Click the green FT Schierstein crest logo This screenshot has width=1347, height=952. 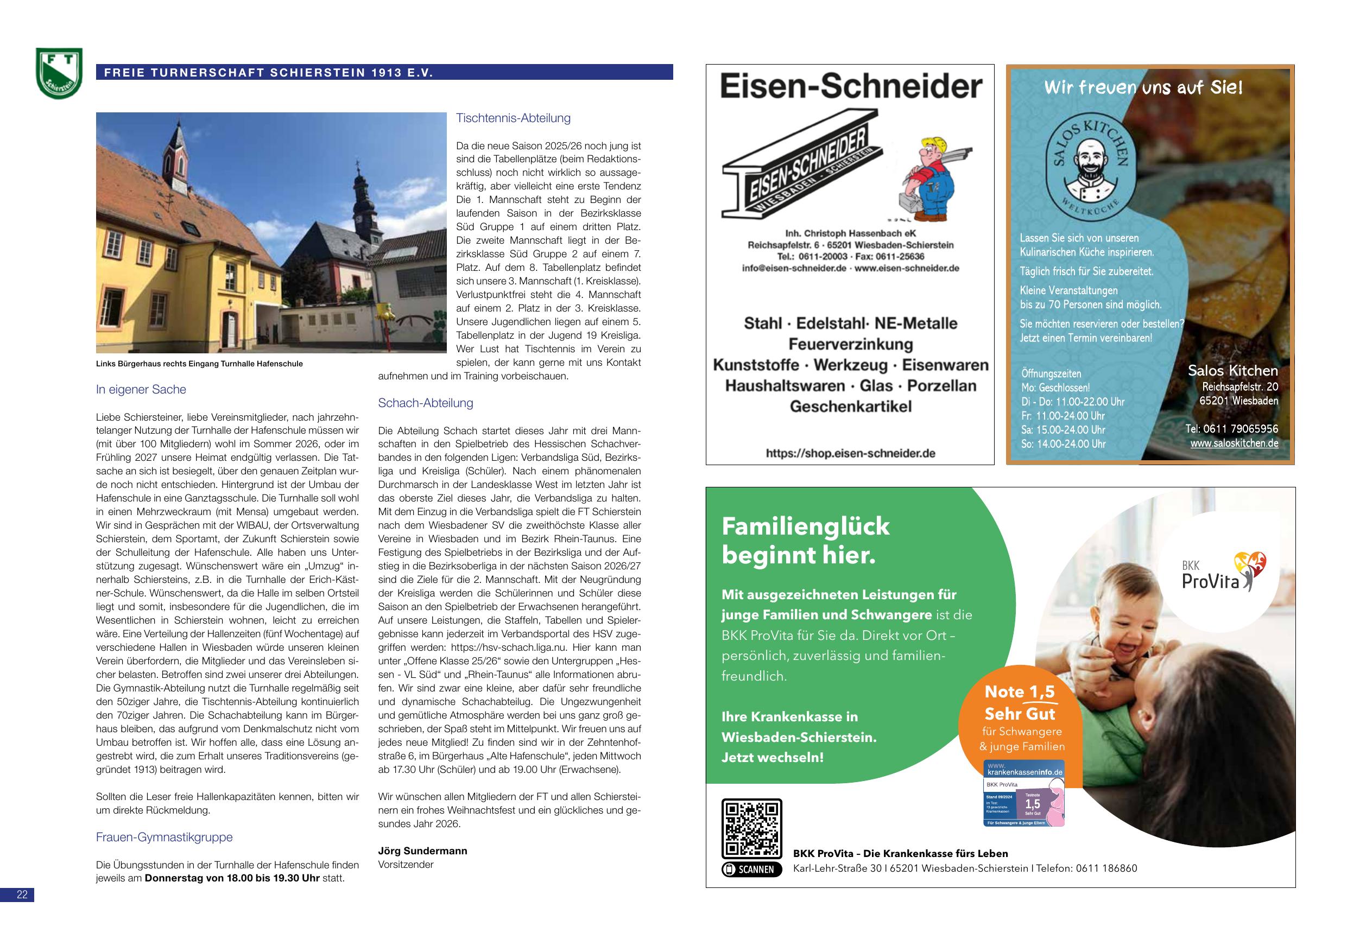pyautogui.click(x=59, y=73)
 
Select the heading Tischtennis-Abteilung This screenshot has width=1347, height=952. pyautogui.click(x=514, y=118)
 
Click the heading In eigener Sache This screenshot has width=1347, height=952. pyautogui.click(x=141, y=390)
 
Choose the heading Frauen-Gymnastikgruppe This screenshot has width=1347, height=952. pyautogui.click(x=165, y=837)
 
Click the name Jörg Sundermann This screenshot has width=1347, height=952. pyautogui.click(x=422, y=851)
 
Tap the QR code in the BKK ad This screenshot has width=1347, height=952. pyautogui.click(x=751, y=829)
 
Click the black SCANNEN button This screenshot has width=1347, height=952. pyautogui.click(x=751, y=870)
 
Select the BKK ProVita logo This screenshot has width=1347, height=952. pyautogui.click(x=1223, y=572)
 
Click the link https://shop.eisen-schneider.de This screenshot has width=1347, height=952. pyautogui.click(x=850, y=453)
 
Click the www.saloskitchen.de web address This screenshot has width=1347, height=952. pyautogui.click(x=1234, y=443)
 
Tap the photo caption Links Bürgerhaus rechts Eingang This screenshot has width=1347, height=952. pyautogui.click(x=199, y=364)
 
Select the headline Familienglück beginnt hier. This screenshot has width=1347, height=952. pyautogui.click(x=806, y=540)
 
